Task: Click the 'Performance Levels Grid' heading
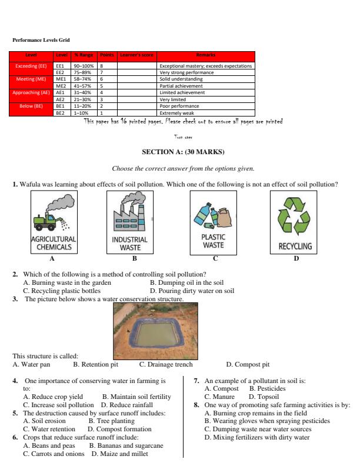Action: click(41, 40)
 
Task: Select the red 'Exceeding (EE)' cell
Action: click(31, 66)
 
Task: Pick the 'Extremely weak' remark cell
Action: click(176, 112)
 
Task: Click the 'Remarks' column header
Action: click(206, 55)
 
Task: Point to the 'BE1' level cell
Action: click(59, 106)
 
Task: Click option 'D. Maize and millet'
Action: click(119, 454)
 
